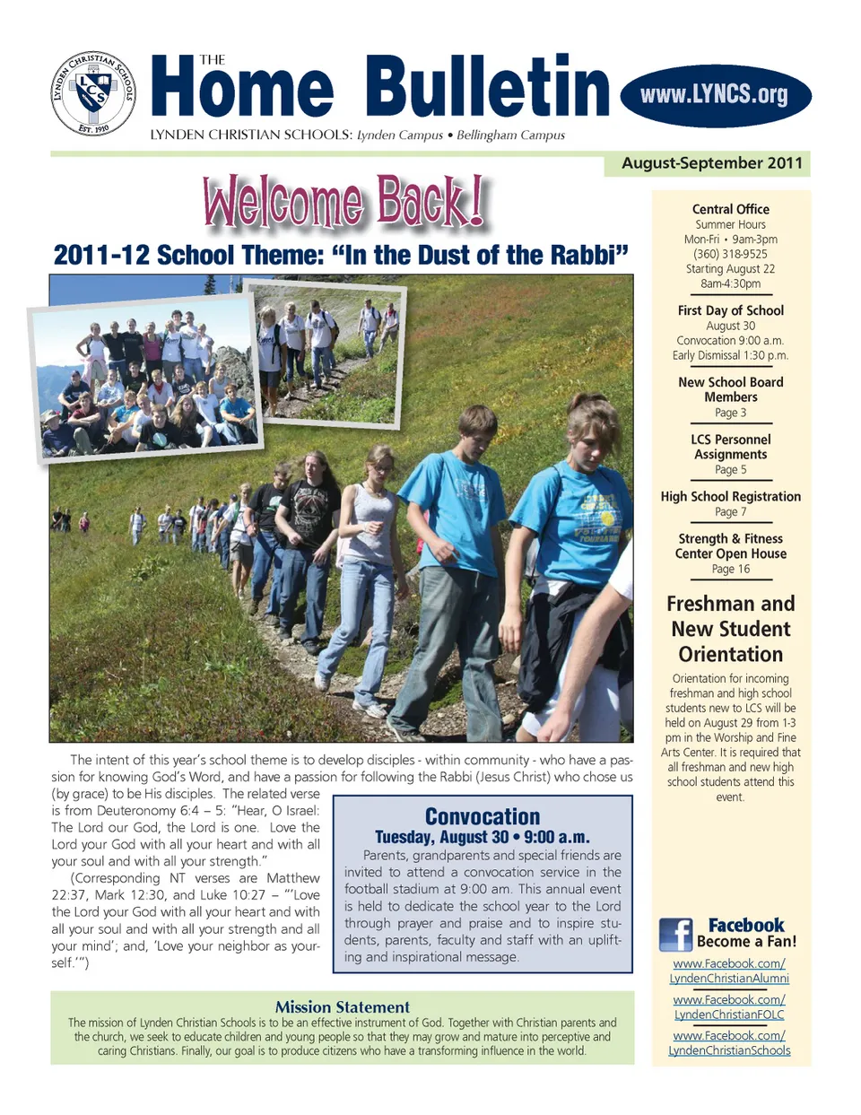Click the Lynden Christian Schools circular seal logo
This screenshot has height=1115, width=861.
click(93, 93)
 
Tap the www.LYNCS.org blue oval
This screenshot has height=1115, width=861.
click(715, 95)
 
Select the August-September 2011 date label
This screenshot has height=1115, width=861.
click(711, 163)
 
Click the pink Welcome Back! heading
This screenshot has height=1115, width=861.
click(344, 202)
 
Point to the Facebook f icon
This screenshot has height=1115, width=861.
click(675, 935)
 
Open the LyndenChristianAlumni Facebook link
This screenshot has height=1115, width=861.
click(729, 971)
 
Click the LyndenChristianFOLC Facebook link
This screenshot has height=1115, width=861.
click(729, 1006)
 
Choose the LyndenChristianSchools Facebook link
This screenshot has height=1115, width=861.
click(729, 1042)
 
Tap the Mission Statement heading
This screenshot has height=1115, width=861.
click(342, 1006)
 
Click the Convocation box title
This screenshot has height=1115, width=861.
click(483, 816)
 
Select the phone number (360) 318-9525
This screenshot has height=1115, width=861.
click(730, 254)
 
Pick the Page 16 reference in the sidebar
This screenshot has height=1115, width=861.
click(730, 569)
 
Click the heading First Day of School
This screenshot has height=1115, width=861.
click(730, 310)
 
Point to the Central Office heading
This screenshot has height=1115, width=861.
click(730, 209)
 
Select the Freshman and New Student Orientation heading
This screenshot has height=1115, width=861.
click(730, 629)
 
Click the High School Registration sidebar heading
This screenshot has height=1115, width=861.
click(730, 496)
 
